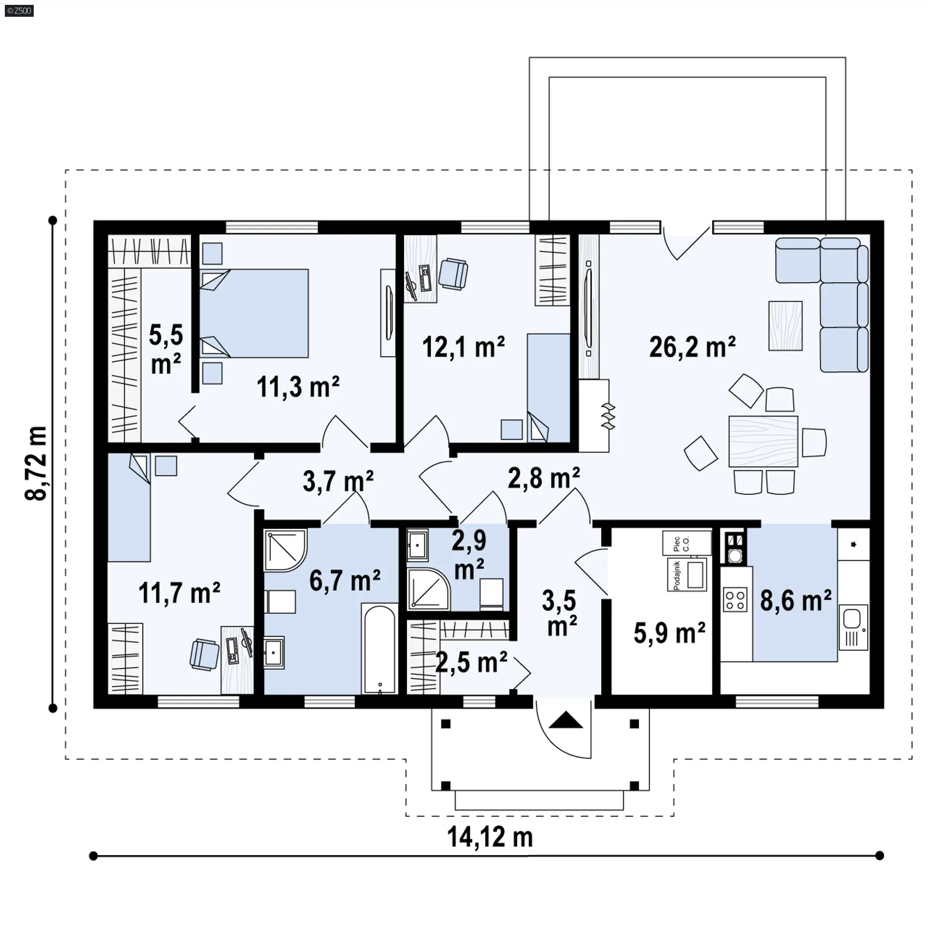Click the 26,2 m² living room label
click(692, 347)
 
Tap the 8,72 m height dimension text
click(37, 463)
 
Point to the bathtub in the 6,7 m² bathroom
click(380, 649)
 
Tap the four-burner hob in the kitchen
click(735, 600)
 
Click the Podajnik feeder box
click(687, 575)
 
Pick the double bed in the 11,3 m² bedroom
click(254, 313)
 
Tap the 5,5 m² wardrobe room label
click(166, 350)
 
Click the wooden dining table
click(763, 441)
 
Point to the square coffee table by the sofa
click(785, 325)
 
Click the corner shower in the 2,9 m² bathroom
click(428, 588)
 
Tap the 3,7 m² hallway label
click(338, 481)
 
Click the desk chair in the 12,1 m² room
click(453, 274)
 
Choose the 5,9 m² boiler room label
click(669, 633)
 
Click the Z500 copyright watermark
click(19, 10)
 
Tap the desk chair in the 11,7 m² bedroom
click(204, 654)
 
